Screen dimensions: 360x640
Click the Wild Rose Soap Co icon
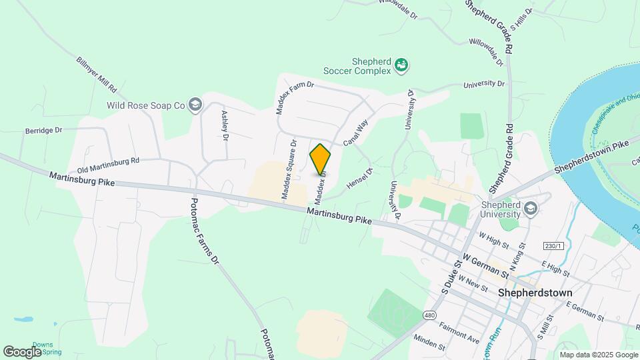[195, 105]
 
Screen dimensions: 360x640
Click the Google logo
[23, 351]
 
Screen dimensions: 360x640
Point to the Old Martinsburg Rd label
[108, 165]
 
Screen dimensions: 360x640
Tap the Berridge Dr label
[43, 131]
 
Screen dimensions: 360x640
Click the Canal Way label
[355, 133]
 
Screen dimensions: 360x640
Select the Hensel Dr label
[360, 177]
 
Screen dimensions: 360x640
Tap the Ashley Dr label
[225, 125]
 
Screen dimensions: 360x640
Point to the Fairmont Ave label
[459, 332]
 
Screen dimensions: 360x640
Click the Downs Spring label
[47, 349]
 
